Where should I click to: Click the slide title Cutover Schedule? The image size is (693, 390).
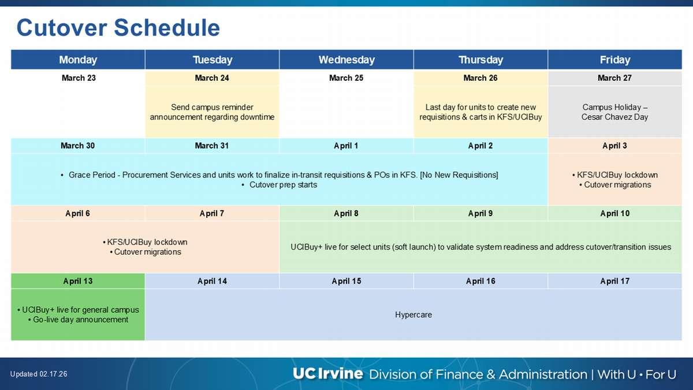point(118,28)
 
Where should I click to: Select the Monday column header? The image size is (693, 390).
point(78,60)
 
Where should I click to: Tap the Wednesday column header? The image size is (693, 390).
point(346,60)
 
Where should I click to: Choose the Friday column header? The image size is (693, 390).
point(615,60)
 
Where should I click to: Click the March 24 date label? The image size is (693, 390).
point(212,78)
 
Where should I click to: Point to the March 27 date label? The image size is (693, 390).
point(614,78)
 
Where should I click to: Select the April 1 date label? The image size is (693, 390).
point(346,146)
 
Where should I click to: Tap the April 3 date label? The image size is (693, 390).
point(614,146)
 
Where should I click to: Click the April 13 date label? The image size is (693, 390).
point(78,281)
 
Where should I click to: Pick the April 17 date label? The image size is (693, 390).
point(614,281)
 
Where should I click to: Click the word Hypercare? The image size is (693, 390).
point(413,315)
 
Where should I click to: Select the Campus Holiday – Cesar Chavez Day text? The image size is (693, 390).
point(615,112)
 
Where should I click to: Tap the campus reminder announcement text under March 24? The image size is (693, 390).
point(212,112)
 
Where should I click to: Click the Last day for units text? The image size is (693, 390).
point(480,112)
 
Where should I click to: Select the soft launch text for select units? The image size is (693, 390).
point(480,247)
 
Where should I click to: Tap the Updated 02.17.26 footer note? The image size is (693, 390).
point(39,374)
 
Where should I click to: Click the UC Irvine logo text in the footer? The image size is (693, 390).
point(327,374)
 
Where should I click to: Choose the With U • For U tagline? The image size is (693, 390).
point(636,374)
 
